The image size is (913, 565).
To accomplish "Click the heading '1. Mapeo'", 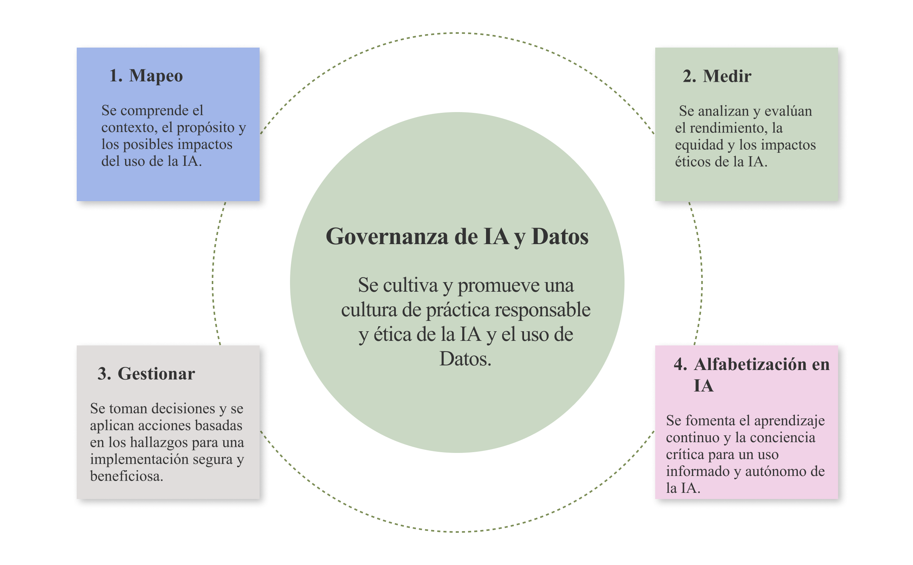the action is tap(146, 76).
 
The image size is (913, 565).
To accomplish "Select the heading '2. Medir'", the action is tap(717, 76).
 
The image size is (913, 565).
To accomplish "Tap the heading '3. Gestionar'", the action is tap(146, 373).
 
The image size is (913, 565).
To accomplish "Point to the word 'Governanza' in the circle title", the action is tap(387, 236).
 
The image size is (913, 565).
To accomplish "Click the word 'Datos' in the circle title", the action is tap(560, 236).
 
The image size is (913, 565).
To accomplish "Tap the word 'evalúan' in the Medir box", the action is tap(788, 111).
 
